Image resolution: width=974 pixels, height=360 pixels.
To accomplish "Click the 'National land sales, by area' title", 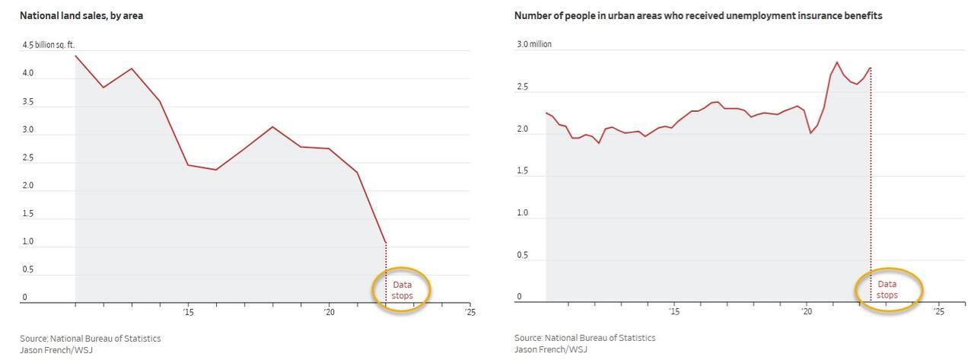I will pos(81,15).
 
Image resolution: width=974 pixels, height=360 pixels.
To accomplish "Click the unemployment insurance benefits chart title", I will pos(698,15).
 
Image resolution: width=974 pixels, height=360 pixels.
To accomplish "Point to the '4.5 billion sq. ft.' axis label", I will pos(49,45).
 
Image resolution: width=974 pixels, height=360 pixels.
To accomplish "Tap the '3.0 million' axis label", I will pos(534,44).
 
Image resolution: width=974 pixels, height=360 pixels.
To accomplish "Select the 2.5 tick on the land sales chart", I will pos(27,158).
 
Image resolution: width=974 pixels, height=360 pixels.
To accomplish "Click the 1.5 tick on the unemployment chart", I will pos(522,170).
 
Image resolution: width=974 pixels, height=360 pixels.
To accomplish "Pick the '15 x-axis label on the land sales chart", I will pos(188,312).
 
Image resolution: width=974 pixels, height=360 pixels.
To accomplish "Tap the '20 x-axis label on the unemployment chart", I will pos(807,311).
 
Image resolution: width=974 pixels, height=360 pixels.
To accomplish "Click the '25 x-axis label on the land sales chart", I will pos(470,312).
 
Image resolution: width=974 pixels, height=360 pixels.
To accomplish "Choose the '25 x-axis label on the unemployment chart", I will pos(938,311).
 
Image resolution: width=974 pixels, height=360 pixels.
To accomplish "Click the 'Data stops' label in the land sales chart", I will pos(402,290).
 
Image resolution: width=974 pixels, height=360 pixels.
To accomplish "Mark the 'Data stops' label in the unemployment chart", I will pos(887,289).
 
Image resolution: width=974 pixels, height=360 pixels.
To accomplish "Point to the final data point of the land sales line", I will pos(386,243).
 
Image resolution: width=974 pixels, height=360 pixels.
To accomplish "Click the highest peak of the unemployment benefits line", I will pos(837,62).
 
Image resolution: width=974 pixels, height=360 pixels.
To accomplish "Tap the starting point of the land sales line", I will pos(75,56).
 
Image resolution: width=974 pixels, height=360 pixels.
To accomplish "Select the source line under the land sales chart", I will pos(90,338).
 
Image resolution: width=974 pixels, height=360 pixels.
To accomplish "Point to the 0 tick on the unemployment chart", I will pos(520,297).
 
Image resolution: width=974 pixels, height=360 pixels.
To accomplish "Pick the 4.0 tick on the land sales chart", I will pos(27,73).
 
